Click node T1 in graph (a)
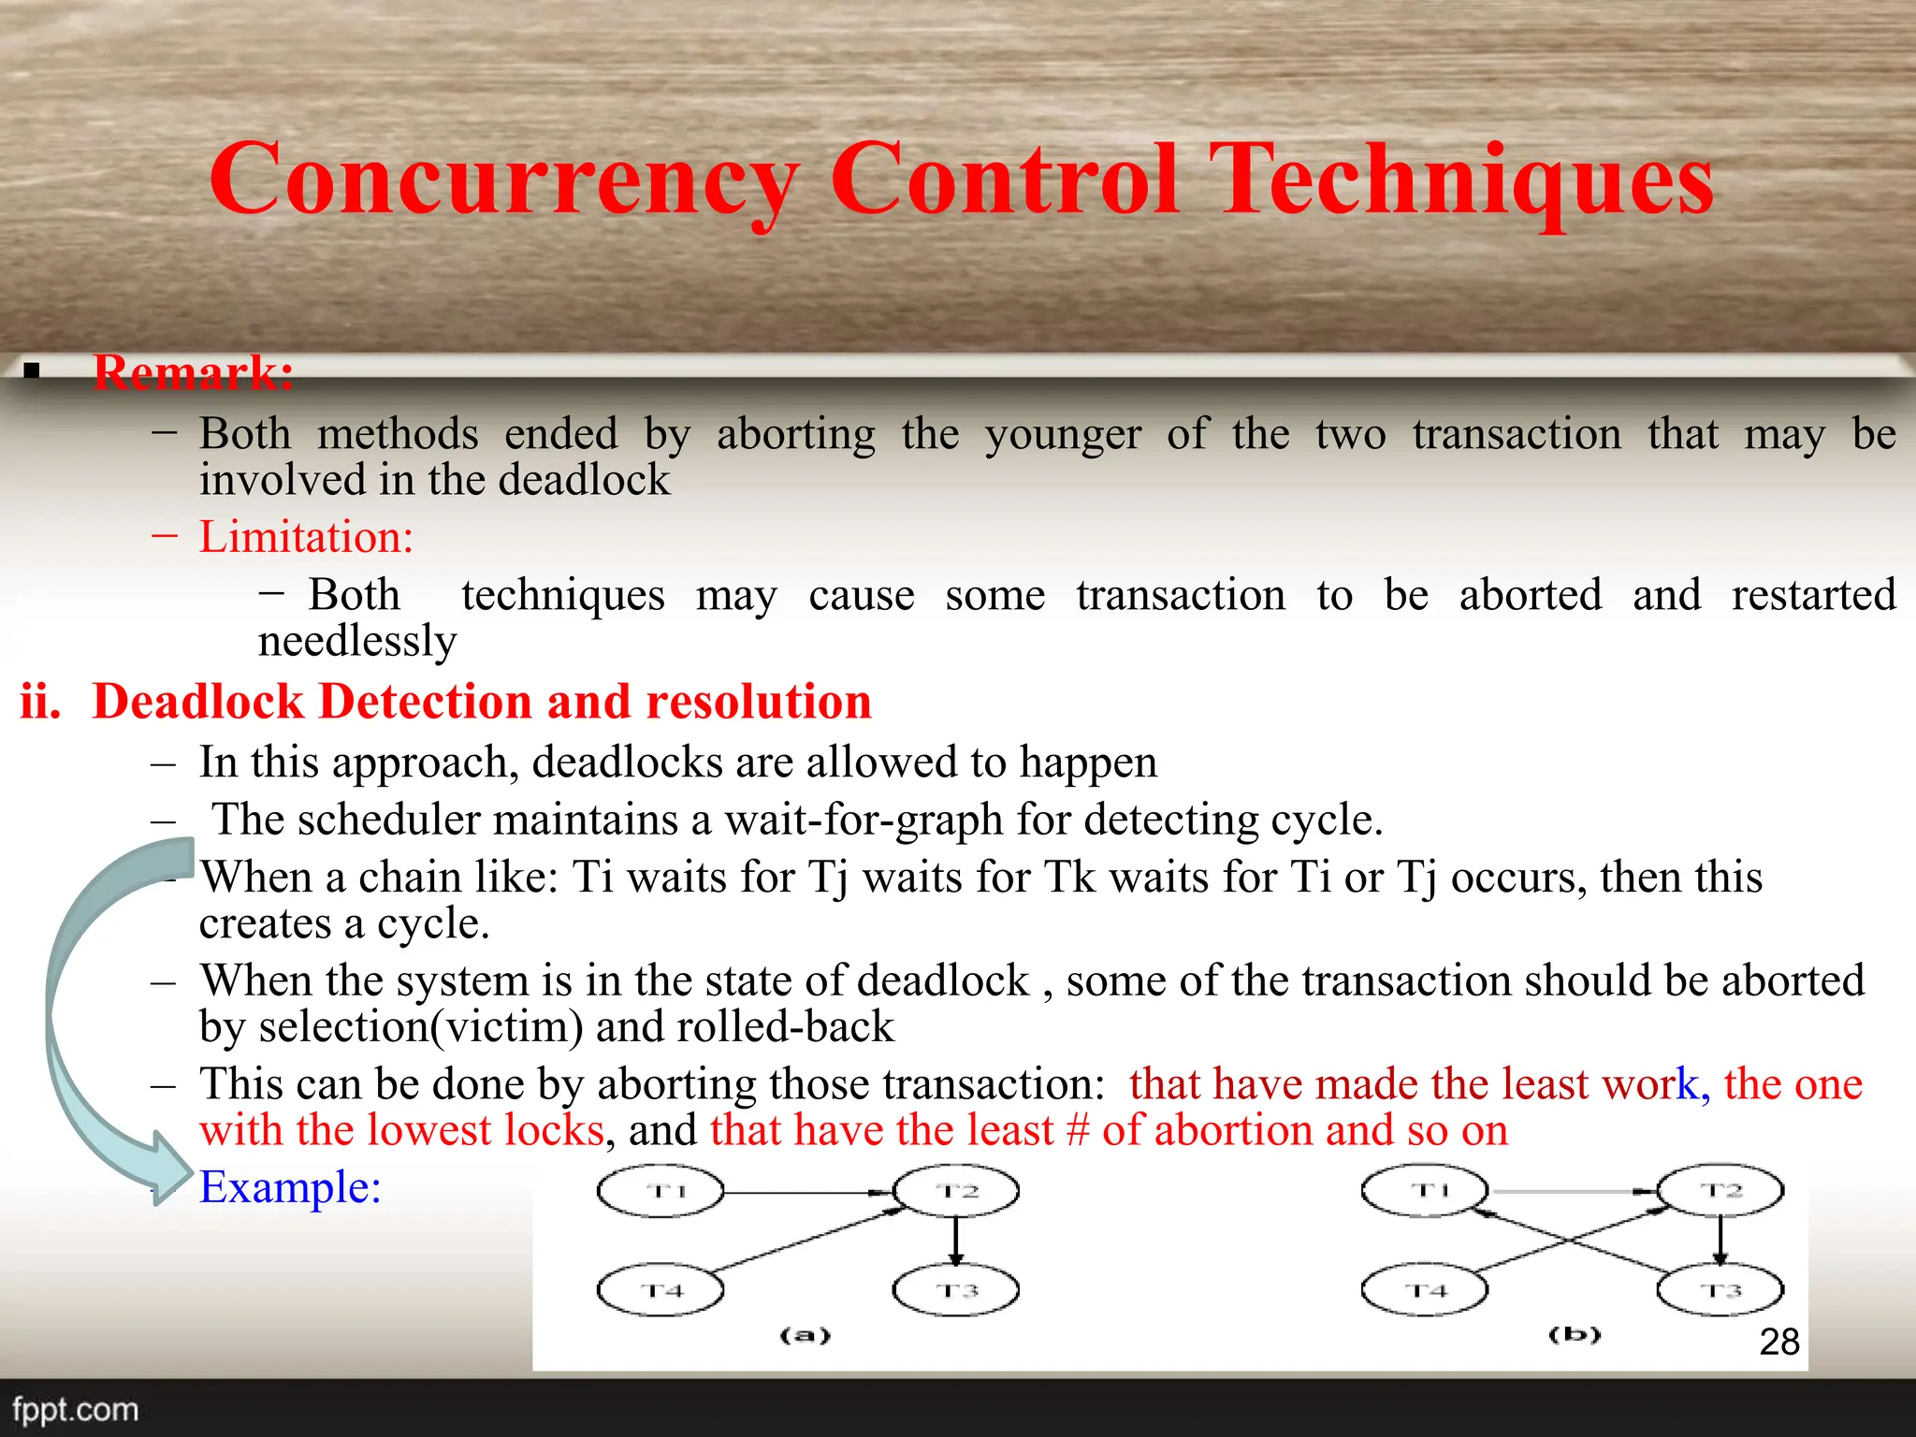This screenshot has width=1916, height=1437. pyautogui.click(x=660, y=1191)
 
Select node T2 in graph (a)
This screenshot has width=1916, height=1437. pyautogui.click(x=956, y=1191)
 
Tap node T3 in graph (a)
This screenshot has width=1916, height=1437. pyautogui.click(x=956, y=1290)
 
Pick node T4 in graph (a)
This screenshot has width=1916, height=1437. pyautogui.click(x=660, y=1290)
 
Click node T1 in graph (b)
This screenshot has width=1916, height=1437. pyautogui.click(x=1424, y=1190)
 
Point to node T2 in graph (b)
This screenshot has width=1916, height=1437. pyautogui.click(x=1720, y=1190)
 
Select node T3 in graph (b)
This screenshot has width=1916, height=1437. pyautogui.click(x=1720, y=1290)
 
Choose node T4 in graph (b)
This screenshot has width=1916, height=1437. pyautogui.click(x=1424, y=1290)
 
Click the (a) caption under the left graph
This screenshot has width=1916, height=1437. pyautogui.click(x=805, y=1335)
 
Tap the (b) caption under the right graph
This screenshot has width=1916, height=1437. pyautogui.click(x=1575, y=1334)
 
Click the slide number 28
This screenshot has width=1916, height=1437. pyautogui.click(x=1779, y=1342)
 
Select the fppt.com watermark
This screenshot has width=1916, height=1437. pyautogui.click(x=75, y=1410)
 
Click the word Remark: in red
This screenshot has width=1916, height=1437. pyautogui.click(x=194, y=372)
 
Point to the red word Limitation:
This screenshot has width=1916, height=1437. pyautogui.click(x=306, y=537)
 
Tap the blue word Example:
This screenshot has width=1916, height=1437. pyautogui.click(x=290, y=1187)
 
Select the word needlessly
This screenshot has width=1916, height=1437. pyautogui.click(x=357, y=642)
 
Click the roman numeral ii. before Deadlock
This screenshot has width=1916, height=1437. pyautogui.click(x=41, y=702)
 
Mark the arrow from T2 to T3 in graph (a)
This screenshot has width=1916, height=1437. pyautogui.click(x=955, y=1241)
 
